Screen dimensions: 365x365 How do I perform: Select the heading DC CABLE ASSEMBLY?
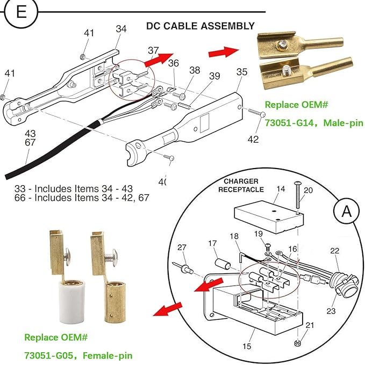tap(201, 26)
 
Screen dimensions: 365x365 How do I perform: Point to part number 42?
tap(253, 139)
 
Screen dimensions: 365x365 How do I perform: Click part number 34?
tap(121, 28)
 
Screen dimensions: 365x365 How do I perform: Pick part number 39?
tap(214, 76)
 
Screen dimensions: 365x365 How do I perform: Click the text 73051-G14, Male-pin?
tap(314, 123)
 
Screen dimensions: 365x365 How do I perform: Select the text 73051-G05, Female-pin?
tap(78, 355)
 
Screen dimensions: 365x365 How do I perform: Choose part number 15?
tap(246, 346)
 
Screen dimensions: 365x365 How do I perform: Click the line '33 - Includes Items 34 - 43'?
tap(72, 188)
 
